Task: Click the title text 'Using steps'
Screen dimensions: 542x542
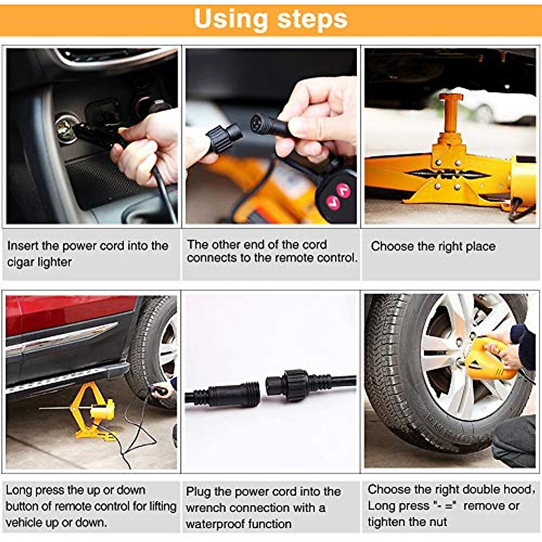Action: coord(271,19)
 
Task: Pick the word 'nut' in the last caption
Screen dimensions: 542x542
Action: coord(438,522)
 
